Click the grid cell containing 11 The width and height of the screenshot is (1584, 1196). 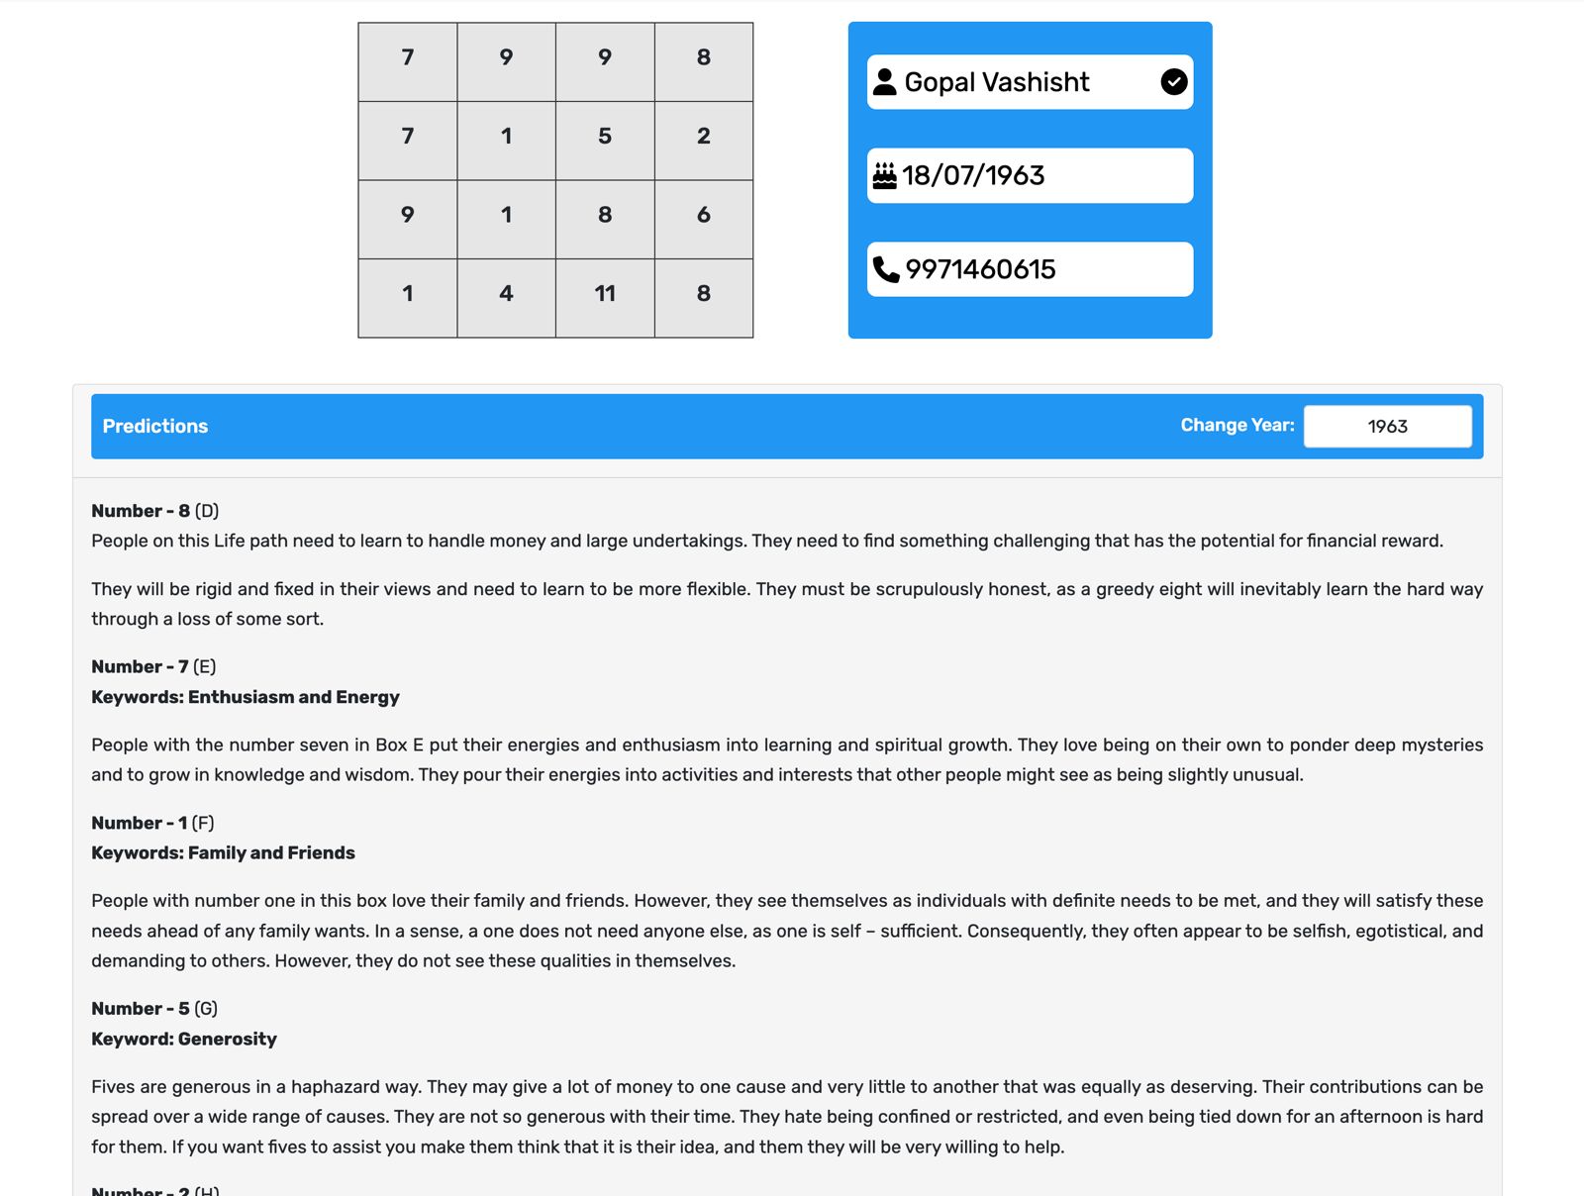point(605,294)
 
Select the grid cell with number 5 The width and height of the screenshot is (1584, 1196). point(605,137)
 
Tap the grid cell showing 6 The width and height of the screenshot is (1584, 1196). point(704,215)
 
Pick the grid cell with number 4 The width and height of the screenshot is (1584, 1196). point(506,294)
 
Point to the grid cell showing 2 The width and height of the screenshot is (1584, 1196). point(704,137)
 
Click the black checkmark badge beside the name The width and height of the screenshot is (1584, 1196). point(1174,82)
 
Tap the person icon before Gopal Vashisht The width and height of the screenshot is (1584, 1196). point(885,82)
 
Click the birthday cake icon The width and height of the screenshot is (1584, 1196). point(884,176)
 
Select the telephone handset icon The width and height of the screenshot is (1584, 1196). point(886,269)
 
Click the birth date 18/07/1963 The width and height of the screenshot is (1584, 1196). point(973,176)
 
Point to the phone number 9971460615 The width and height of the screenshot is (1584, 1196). point(980,269)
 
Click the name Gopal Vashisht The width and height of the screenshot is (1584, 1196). point(997,82)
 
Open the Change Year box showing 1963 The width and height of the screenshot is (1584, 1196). point(1387,427)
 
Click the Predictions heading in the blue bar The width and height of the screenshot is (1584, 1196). point(155,427)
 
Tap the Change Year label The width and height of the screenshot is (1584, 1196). point(1237,426)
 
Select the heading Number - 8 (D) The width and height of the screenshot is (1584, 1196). point(154,511)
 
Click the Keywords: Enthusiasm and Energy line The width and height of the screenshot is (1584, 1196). point(246,697)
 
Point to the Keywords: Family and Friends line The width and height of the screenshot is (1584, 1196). point(223,853)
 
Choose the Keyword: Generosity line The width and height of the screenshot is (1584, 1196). point(184,1040)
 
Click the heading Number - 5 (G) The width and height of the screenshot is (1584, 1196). point(154,1009)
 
